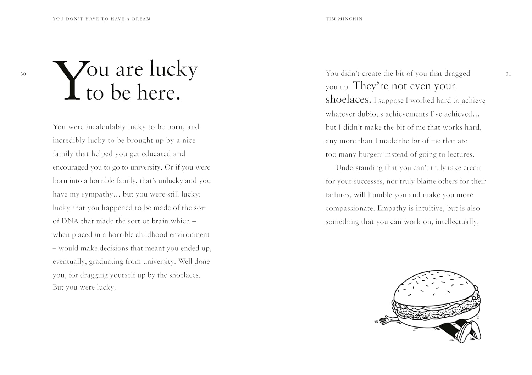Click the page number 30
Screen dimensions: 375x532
click(23, 74)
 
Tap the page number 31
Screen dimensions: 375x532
click(508, 74)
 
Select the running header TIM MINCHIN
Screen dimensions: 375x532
click(344, 19)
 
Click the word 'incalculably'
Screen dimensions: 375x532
click(106, 127)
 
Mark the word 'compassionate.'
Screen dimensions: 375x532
click(350, 208)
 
